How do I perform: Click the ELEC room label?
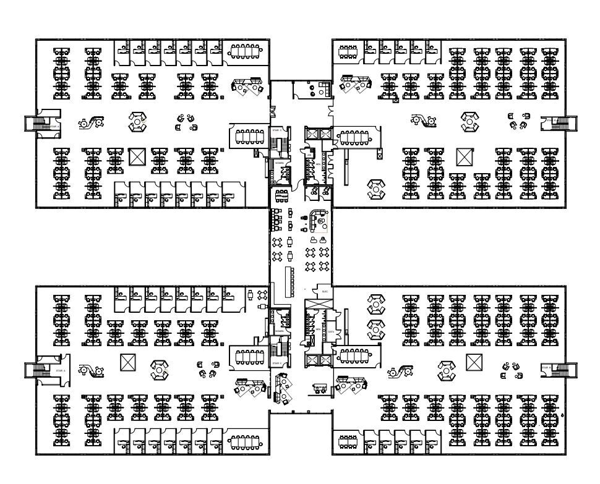pyautogui.click(x=325, y=292)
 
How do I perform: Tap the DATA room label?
pyautogui.click(x=332, y=331)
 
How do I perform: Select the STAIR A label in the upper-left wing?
pyautogui.click(x=55, y=126)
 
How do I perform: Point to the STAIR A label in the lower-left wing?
pyautogui.click(x=60, y=370)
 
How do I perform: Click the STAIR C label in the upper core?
pyautogui.click(x=276, y=130)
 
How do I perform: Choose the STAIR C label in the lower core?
pyautogui.click(x=276, y=363)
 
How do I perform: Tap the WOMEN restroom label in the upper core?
pyautogui.click(x=280, y=163)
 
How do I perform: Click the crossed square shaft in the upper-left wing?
pyautogui.click(x=136, y=157)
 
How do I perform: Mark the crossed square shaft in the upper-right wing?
pyautogui.click(x=465, y=157)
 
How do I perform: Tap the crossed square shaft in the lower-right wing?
pyautogui.click(x=474, y=362)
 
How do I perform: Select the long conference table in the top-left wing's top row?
pyautogui.click(x=246, y=51)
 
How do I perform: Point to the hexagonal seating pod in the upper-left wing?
pyautogui.click(x=137, y=122)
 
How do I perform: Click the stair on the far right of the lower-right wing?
pyautogui.click(x=562, y=370)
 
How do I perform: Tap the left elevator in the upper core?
pyautogui.click(x=311, y=134)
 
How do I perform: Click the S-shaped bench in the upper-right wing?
pyautogui.click(x=423, y=121)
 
